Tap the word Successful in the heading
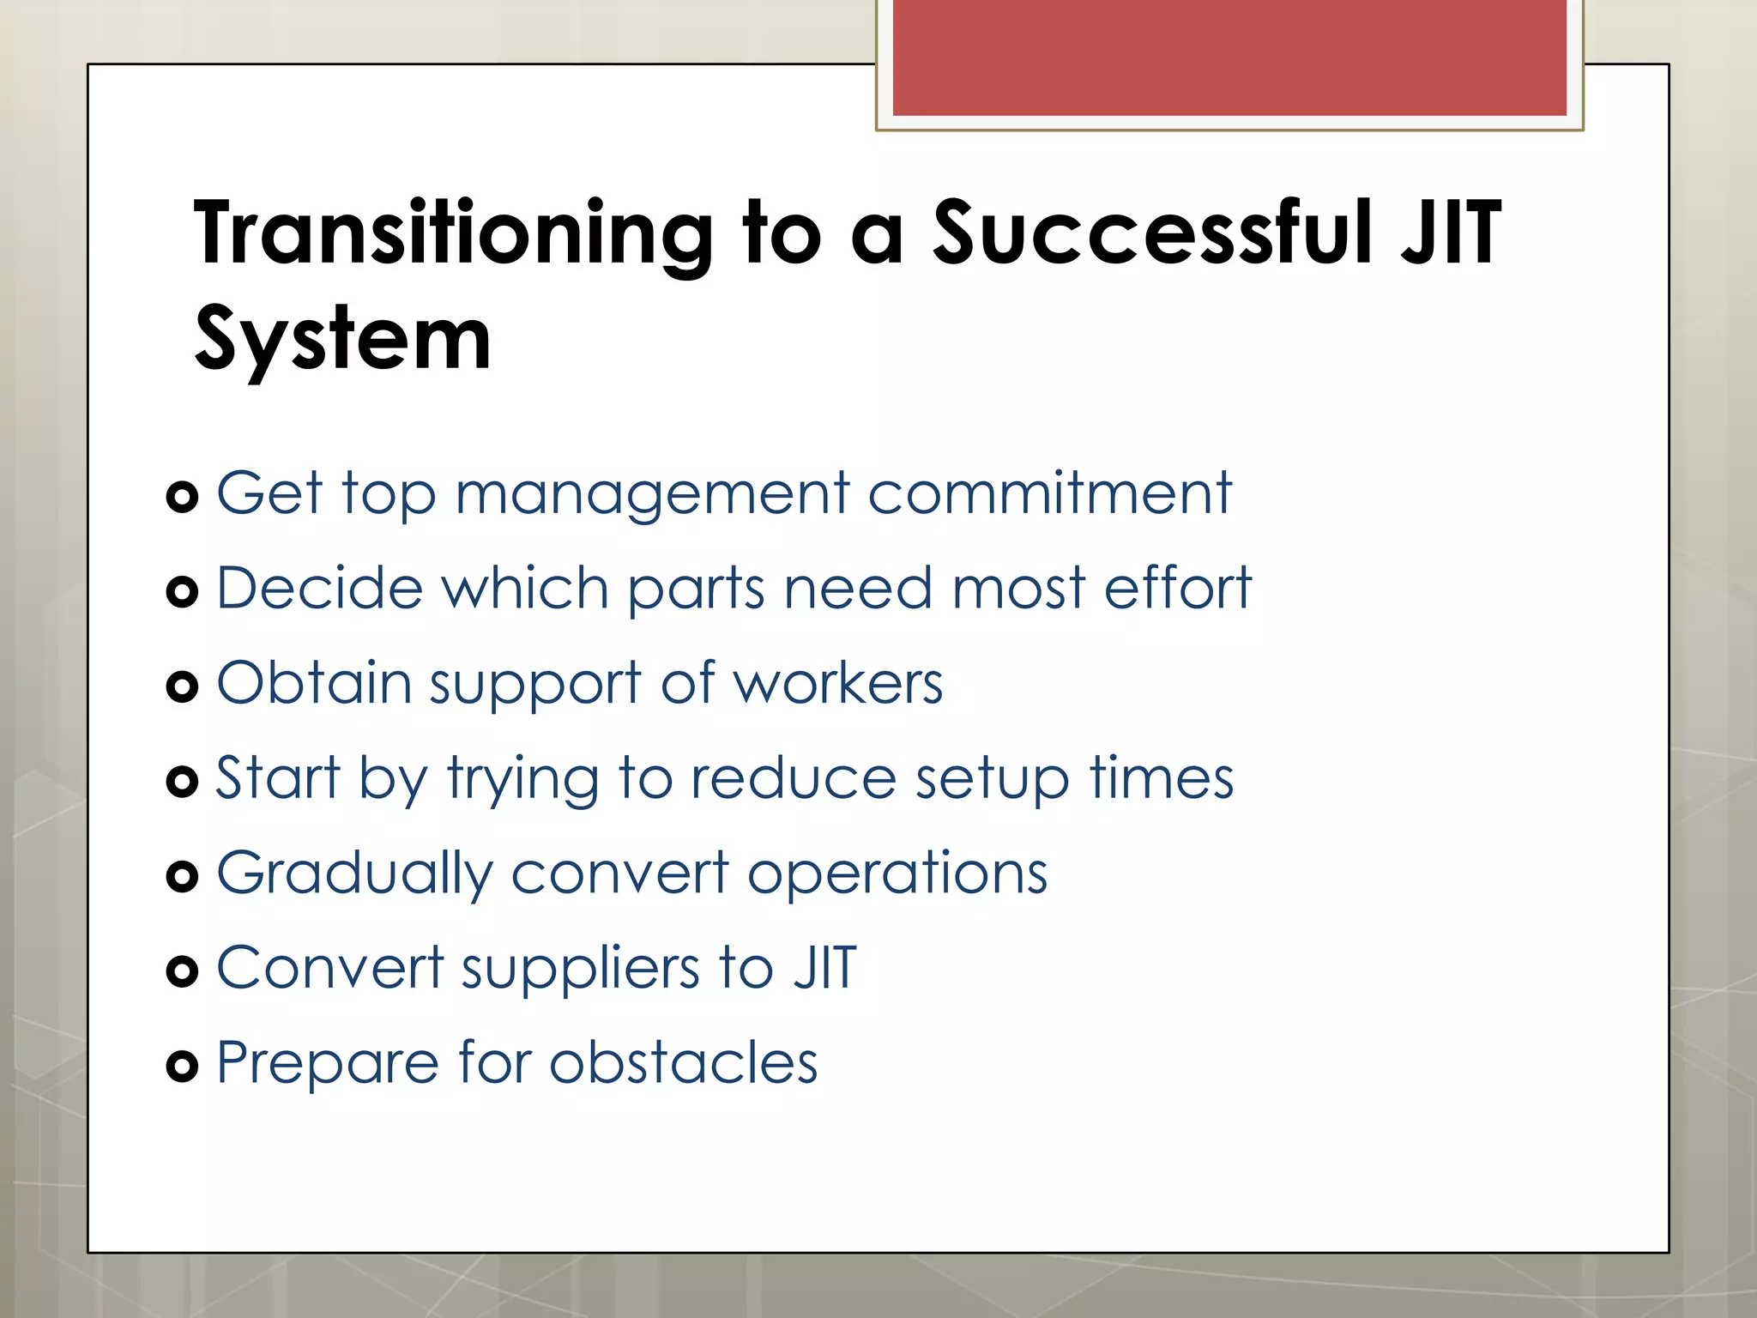point(1150,232)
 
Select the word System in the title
point(342,340)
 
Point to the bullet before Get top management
point(182,497)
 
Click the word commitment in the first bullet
point(1049,494)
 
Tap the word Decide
point(320,589)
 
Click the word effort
point(1177,589)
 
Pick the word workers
point(838,684)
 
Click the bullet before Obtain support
point(182,686)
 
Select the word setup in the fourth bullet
point(992,780)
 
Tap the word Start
point(277,778)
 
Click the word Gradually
point(355,874)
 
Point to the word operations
point(897,874)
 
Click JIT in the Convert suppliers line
point(824,968)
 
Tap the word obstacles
point(683,1063)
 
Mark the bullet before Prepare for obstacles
point(182,1067)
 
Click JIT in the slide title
point(1450,232)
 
